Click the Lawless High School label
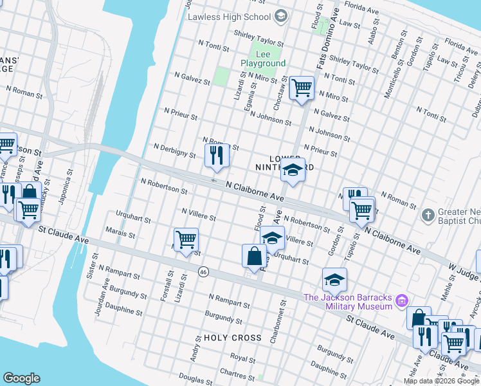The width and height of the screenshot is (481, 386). pyautogui.click(x=229, y=16)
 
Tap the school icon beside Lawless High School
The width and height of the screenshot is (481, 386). pyautogui.click(x=280, y=15)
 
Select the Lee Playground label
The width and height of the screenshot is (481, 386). pyautogui.click(x=262, y=59)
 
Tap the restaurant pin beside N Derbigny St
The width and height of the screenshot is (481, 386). pyautogui.click(x=217, y=156)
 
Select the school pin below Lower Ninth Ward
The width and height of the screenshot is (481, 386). pyautogui.click(x=293, y=172)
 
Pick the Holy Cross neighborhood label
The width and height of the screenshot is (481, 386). pyautogui.click(x=232, y=338)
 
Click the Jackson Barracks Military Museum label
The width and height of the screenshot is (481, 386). pyautogui.click(x=347, y=301)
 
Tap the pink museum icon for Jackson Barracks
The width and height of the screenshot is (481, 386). pyautogui.click(x=403, y=300)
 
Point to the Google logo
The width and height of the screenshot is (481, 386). pyautogui.click(x=21, y=378)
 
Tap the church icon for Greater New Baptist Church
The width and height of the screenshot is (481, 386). pyautogui.click(x=428, y=214)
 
